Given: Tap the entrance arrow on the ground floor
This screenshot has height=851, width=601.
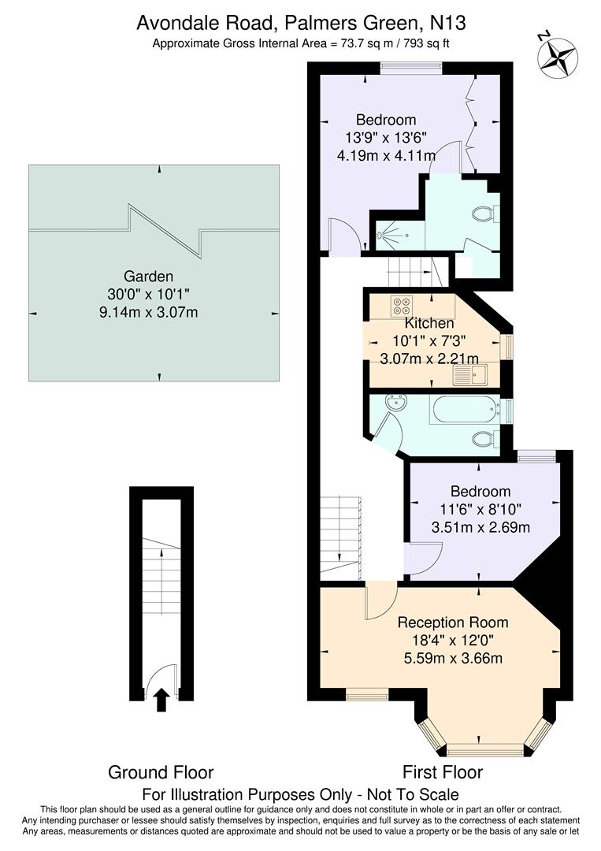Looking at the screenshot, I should coord(161,699).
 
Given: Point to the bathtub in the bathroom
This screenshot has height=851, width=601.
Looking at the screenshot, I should coord(464,409).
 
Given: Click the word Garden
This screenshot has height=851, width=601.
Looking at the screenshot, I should coord(148,277).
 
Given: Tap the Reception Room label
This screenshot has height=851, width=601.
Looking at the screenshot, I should coord(452,622).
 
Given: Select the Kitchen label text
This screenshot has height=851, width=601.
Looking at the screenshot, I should coord(429,323).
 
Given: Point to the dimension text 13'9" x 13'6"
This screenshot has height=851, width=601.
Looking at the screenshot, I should coord(386,138).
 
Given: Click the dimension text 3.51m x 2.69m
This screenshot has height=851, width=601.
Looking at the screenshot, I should coord(480,526).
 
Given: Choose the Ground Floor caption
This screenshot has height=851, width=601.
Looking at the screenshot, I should coord(161,771).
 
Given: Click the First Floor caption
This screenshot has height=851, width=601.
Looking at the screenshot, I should coord(443,771).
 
